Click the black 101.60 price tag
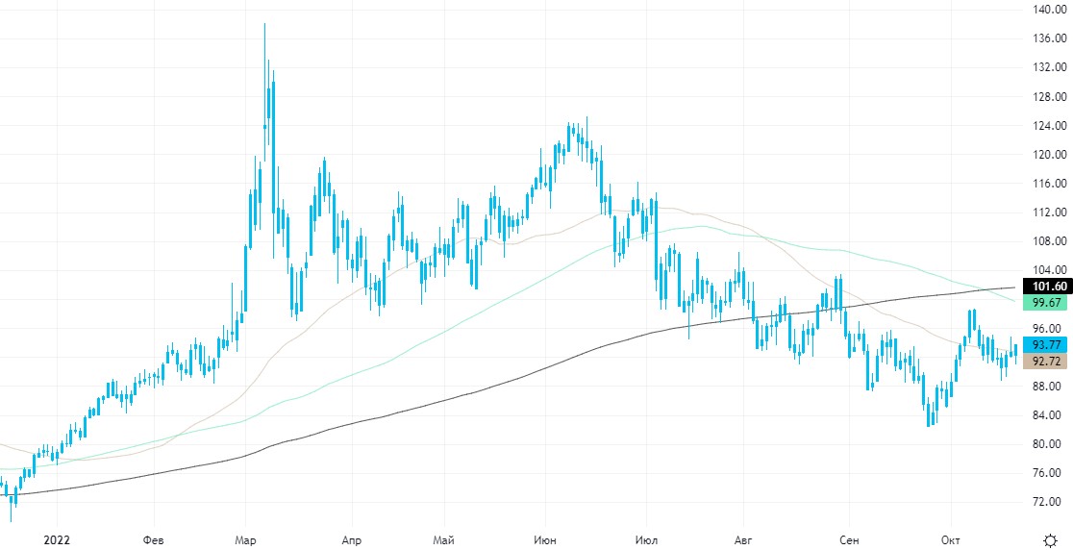click(1049, 287)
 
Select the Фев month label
click(153, 540)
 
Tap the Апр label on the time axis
click(352, 540)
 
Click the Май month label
click(444, 540)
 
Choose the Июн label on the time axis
click(546, 540)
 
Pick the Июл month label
click(646, 540)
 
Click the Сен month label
click(848, 540)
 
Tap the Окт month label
click(950, 540)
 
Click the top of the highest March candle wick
click(264, 24)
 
